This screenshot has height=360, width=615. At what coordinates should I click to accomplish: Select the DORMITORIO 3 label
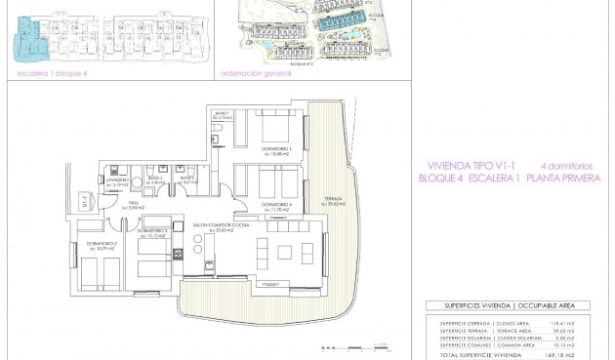tap(156, 231)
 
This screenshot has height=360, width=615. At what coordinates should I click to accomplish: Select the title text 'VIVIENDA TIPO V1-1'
tap(463, 166)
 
